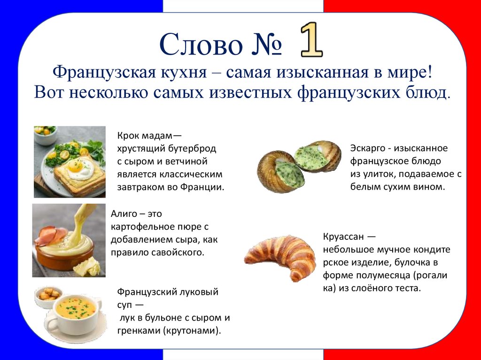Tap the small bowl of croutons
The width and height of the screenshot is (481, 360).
click(49, 295)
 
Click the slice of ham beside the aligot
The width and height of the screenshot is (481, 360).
click(50, 235)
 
